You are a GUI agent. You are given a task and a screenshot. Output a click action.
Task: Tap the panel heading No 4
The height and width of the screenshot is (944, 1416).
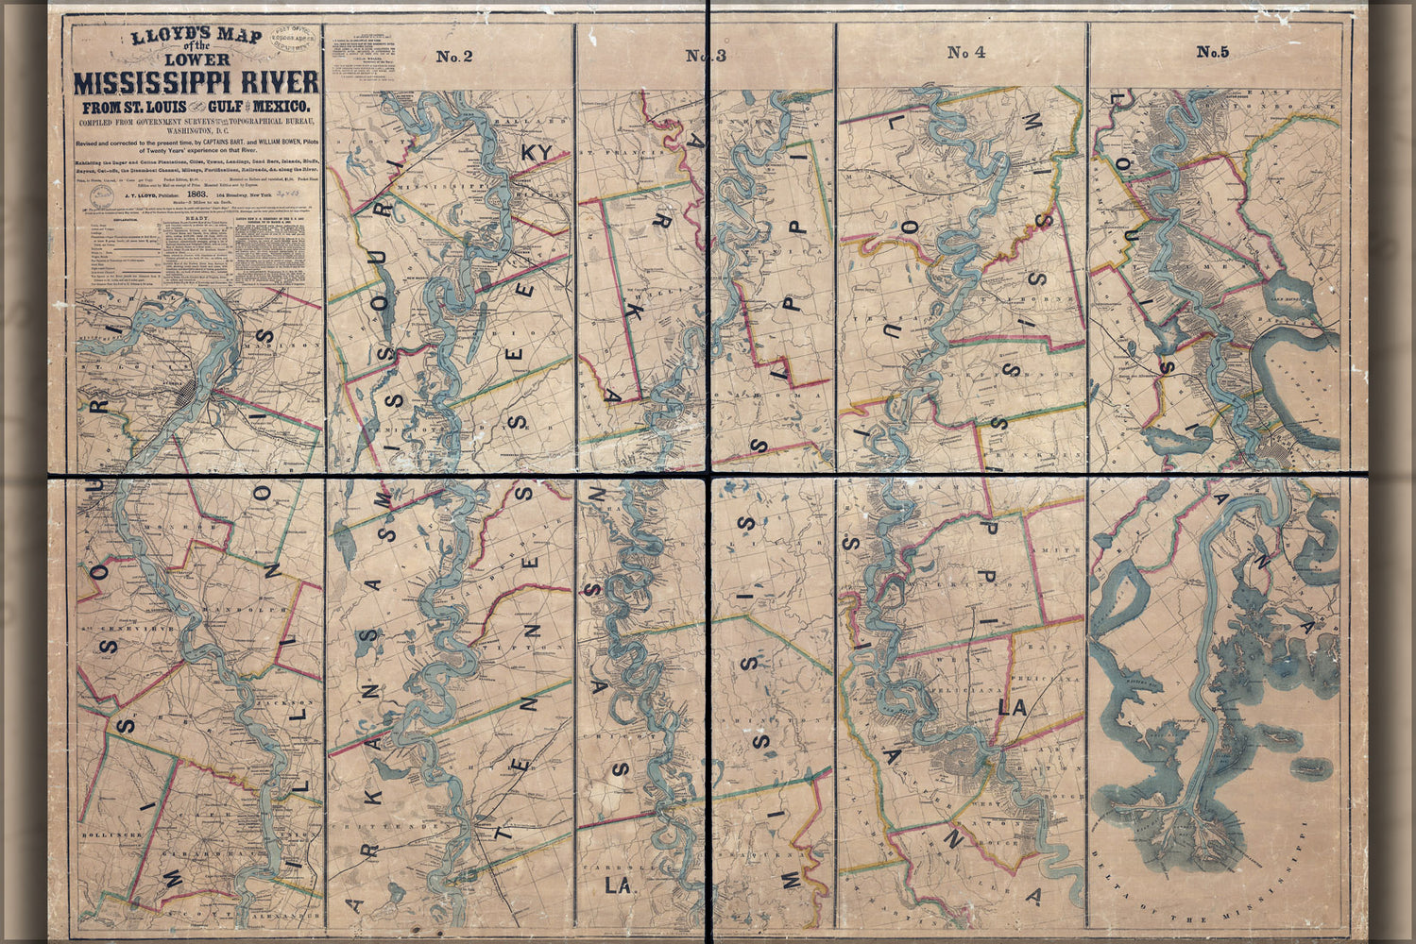click(x=966, y=53)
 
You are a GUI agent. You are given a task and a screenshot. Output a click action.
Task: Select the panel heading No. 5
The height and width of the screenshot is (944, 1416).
click(x=1212, y=53)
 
